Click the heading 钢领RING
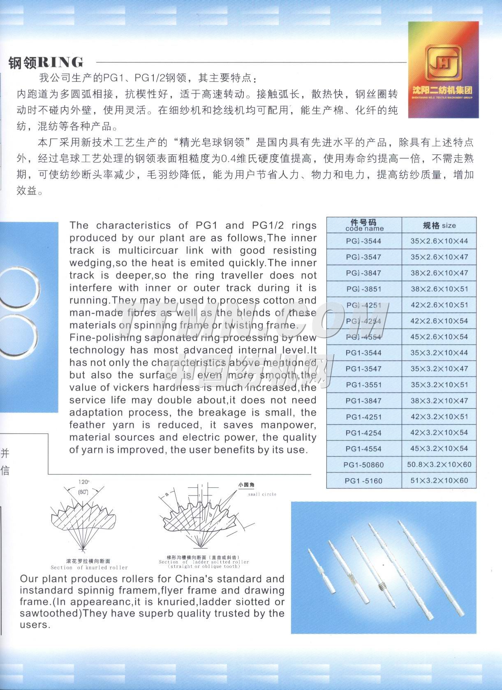[x=46, y=63]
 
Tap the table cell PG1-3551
[x=364, y=385]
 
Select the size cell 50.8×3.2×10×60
[x=439, y=465]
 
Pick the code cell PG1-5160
[x=364, y=481]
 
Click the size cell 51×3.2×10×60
[x=439, y=481]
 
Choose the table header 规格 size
[x=439, y=225]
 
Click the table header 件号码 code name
[x=364, y=225]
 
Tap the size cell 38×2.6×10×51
[x=439, y=289]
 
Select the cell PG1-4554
[x=364, y=449]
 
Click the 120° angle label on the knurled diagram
[x=83, y=482]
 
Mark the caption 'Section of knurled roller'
[x=89, y=567]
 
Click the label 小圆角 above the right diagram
[x=246, y=485]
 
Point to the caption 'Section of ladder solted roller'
[x=204, y=562]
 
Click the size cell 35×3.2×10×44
[x=439, y=353]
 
